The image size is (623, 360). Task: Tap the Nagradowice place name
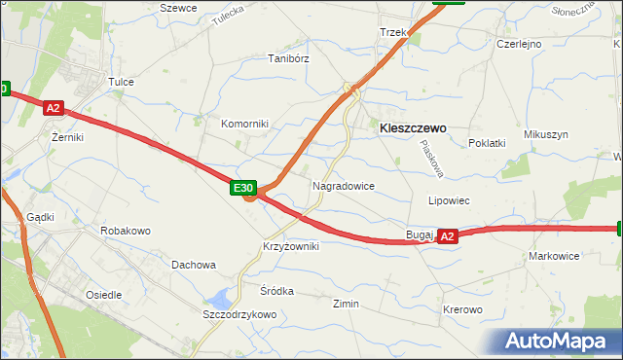coord(343,185)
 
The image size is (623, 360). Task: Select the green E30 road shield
coord(243,188)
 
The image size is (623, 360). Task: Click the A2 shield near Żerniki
coord(54,110)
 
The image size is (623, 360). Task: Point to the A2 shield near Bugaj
coord(447,236)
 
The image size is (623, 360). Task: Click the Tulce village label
coord(121,83)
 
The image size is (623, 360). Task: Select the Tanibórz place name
coord(288,58)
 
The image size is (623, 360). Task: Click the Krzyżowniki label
coord(290,247)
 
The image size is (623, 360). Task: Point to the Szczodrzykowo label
coord(239,315)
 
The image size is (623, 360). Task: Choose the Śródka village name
coord(276,291)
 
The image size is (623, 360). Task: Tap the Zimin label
coord(346,304)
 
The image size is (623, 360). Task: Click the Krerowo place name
coord(462,309)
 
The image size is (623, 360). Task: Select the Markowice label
coord(553,256)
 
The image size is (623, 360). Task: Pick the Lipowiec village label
coord(450,200)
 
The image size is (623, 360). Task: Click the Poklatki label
coord(487,143)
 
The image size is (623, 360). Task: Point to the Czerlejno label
coord(518,44)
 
